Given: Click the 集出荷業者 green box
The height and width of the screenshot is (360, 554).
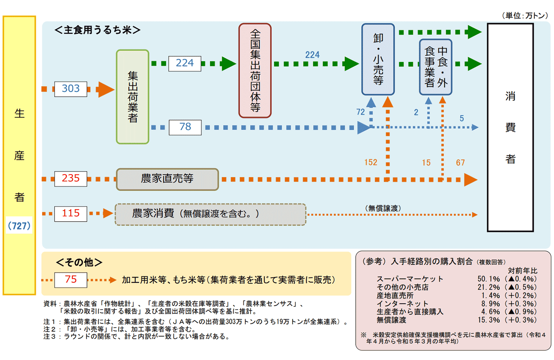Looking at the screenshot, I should point(133,97).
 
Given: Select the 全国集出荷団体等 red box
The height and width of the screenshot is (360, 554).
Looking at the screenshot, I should point(255,71).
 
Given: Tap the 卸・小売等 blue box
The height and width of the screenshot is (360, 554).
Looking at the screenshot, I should point(378,59).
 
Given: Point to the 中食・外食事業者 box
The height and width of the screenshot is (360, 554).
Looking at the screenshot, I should point(436,67).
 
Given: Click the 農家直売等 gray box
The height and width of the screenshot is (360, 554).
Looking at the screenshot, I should point(167,179).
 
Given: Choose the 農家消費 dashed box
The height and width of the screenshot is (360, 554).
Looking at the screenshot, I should point(210,214).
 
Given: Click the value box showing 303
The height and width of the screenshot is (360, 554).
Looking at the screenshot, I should point(71,89).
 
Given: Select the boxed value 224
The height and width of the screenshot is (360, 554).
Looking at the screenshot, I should point(184,63).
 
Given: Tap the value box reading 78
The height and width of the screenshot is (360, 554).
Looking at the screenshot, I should point(185,127).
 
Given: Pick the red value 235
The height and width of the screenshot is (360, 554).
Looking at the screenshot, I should point(71,179).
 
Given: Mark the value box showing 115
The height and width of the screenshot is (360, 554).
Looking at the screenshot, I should point(71,214).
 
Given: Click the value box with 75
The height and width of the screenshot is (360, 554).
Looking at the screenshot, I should point(71,280).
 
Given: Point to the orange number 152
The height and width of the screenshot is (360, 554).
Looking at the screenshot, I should point(371,163).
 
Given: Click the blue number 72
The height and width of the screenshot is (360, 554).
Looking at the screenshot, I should point(360,112).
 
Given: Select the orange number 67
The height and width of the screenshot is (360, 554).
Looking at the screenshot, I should point(460,163).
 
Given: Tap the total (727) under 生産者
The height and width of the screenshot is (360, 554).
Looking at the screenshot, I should point(19,226).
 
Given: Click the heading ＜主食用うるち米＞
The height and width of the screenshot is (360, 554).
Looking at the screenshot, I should point(97,30).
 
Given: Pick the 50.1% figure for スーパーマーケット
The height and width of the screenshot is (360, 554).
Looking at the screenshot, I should point(488,279).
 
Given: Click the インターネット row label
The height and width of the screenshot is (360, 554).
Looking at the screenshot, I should point(402,304).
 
